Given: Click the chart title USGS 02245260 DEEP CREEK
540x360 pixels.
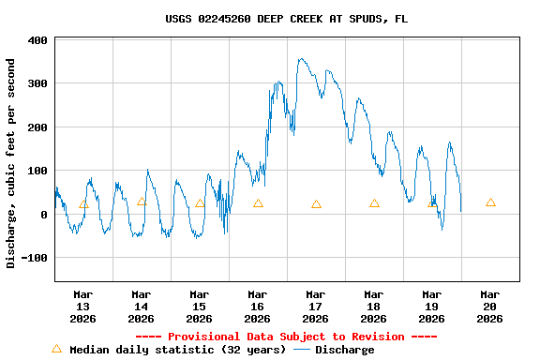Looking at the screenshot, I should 286,19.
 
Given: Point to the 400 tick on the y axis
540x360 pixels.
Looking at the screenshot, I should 38,40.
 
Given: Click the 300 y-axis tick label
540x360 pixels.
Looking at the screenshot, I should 38,83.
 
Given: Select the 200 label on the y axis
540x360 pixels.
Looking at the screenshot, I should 38,127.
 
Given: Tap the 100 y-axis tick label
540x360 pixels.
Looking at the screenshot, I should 38,171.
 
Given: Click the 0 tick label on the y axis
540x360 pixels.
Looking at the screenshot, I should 44,215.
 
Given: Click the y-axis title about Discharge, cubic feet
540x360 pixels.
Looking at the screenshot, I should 11,163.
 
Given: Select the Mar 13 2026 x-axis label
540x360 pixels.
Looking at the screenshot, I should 83,306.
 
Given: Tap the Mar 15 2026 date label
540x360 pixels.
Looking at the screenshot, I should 200,306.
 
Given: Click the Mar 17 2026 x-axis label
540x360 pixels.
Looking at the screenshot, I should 316,306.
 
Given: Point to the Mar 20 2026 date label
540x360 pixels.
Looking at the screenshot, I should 490,306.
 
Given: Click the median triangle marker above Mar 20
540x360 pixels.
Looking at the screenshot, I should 490,202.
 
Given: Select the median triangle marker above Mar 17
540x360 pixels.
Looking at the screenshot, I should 316,204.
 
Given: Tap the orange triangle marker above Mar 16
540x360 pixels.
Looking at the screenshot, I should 258,203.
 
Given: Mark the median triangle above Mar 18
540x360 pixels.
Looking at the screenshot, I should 374,203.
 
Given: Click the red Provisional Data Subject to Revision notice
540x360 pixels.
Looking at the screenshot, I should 286,337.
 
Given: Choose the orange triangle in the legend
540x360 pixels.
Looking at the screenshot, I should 56,349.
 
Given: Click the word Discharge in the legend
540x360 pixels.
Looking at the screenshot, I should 344,350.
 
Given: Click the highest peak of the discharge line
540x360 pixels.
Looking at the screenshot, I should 300,59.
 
